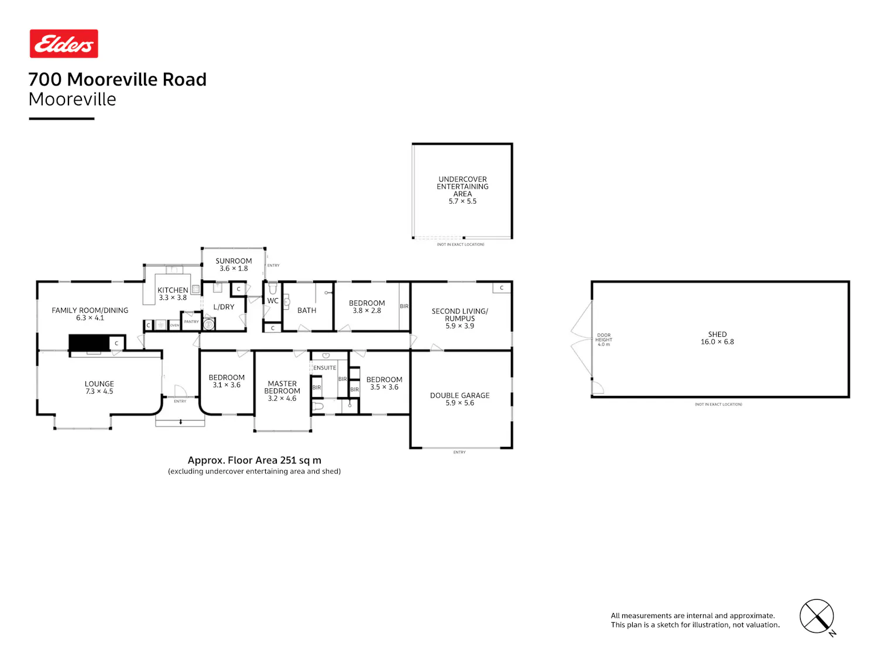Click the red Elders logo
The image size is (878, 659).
64,43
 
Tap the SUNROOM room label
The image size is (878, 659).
234,261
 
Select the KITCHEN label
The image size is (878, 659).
173,290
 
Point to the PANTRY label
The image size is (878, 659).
191,321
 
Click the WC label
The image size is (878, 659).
272,301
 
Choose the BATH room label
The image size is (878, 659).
306,310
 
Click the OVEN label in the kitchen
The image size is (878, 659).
174,325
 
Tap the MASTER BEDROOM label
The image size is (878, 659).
282,387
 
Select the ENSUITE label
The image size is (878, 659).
324,368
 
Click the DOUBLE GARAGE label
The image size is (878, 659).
459,395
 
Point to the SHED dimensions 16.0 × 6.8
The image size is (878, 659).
717,342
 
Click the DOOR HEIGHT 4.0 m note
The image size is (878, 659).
603,340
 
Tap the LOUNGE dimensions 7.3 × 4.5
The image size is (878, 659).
99,391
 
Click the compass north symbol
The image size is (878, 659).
817,617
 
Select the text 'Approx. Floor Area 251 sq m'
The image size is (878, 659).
255,460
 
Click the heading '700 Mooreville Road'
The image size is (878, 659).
117,79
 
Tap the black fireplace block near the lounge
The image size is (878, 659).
89,343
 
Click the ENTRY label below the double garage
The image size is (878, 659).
459,452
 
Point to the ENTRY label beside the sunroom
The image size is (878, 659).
273,265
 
